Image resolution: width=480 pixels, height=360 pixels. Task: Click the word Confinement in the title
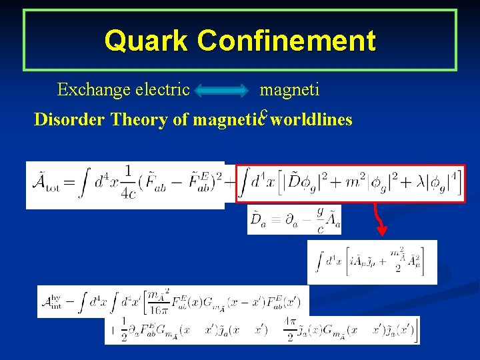tap(287, 41)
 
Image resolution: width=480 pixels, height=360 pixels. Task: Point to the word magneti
tap(289, 89)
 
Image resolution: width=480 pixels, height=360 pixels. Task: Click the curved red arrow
tap(381, 217)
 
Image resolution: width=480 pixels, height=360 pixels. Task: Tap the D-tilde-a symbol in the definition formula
tap(259, 219)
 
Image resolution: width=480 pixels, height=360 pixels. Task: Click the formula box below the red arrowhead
tap(371, 261)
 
